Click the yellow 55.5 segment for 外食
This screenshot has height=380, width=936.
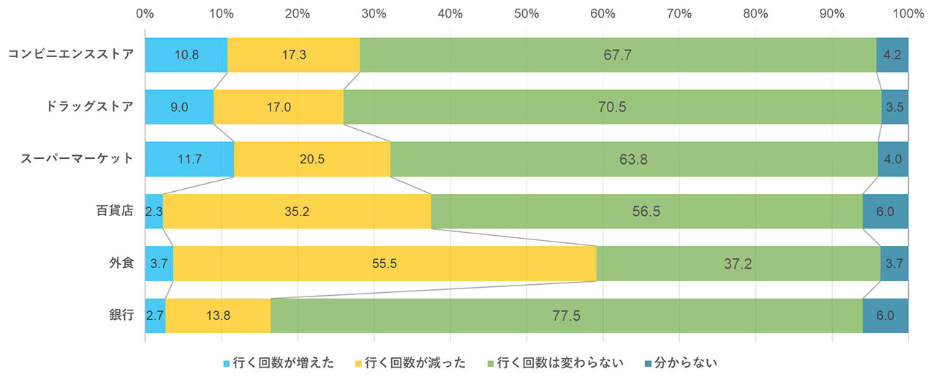tap(385, 264)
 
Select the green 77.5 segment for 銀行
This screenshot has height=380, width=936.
tap(567, 316)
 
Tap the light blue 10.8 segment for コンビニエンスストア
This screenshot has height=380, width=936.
tap(186, 55)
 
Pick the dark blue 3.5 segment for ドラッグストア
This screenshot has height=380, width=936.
tap(895, 107)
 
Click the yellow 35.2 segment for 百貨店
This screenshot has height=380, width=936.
tap(297, 212)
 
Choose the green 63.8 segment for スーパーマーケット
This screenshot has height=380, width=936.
tap(634, 159)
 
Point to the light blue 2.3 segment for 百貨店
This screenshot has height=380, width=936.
tap(154, 212)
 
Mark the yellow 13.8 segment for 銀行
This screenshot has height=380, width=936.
tap(218, 316)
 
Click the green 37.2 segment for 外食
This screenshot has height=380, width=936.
tap(739, 264)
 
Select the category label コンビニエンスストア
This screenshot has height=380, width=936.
tap(71, 54)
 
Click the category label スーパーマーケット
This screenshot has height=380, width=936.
tap(79, 158)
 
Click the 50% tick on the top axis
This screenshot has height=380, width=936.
tap(526, 13)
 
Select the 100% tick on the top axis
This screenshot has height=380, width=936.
tap(907, 13)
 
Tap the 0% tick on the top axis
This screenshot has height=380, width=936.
tap(145, 13)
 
